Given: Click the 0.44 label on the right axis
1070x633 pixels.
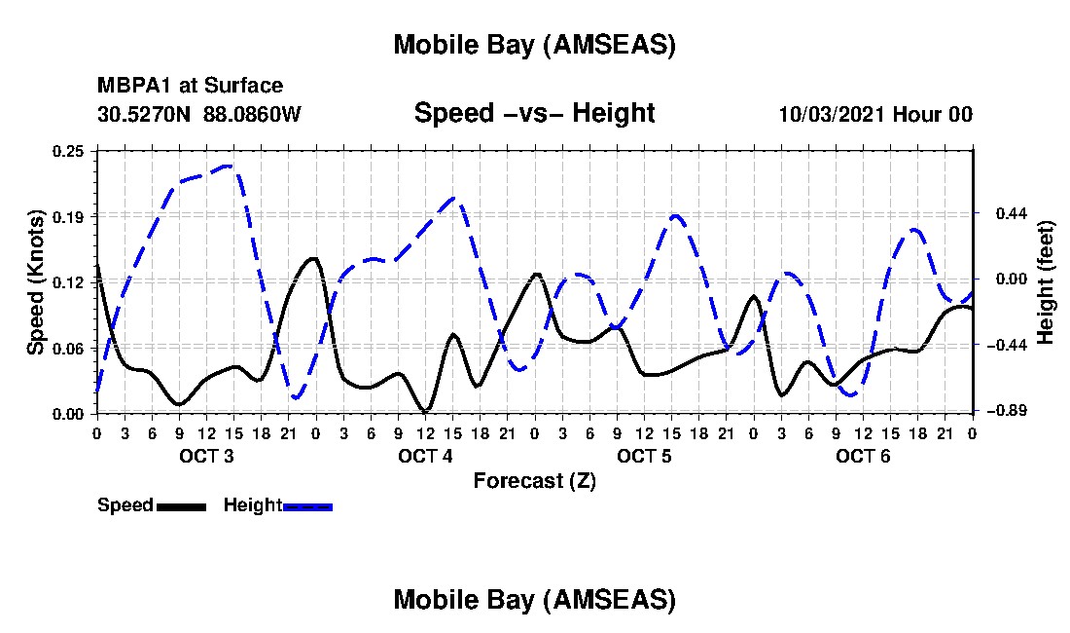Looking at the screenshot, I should (998, 213).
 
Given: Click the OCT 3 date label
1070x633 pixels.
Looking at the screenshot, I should (205, 456).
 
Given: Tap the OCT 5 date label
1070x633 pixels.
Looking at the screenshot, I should (644, 456).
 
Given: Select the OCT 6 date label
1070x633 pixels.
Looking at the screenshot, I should (863, 456).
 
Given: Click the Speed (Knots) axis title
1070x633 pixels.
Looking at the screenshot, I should (36, 281).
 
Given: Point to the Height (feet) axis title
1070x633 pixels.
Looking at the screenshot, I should (1047, 281).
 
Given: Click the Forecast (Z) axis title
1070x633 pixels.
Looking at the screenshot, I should (534, 480).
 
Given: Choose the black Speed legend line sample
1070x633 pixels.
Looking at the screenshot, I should (181, 506).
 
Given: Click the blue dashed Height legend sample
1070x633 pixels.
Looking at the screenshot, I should (308, 506).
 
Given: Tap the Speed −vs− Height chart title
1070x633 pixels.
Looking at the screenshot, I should (534, 113).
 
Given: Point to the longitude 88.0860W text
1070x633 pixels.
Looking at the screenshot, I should (253, 114).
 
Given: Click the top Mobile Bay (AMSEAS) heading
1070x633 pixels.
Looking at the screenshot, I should (534, 45).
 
